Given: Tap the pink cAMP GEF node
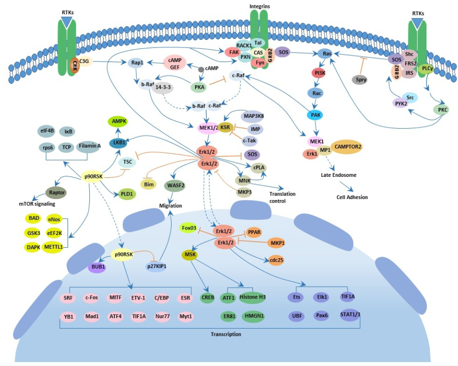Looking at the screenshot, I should click(176, 64).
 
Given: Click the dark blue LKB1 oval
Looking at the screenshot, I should click(118, 142).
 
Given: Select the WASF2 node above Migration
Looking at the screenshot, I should click(176, 185).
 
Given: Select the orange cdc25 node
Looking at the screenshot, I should click(277, 259).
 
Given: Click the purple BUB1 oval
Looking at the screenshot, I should click(98, 267).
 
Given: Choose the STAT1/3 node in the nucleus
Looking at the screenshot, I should click(351, 315).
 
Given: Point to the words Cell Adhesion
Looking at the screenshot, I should click(352, 197).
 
